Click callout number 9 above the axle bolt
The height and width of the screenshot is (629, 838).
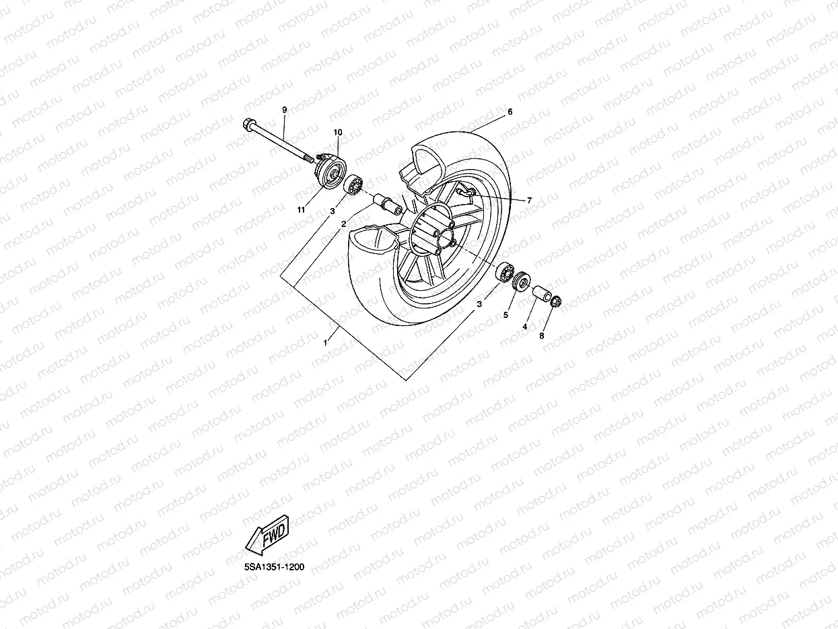[x=284, y=110]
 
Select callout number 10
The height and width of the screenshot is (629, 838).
[x=337, y=132]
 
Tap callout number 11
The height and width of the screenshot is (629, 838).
[x=301, y=210]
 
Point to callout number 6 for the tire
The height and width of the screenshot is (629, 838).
[x=510, y=112]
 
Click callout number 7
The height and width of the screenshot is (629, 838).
[x=529, y=200]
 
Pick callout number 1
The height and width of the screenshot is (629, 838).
[x=326, y=342]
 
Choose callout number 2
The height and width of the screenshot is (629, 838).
[x=343, y=223]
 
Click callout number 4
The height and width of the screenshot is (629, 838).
[x=524, y=326]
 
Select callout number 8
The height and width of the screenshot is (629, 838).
[x=541, y=335]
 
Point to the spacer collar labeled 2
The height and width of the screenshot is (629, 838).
[x=388, y=203]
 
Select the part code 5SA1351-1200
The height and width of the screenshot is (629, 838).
[x=274, y=567]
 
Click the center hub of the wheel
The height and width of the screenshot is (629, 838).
[x=442, y=236]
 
